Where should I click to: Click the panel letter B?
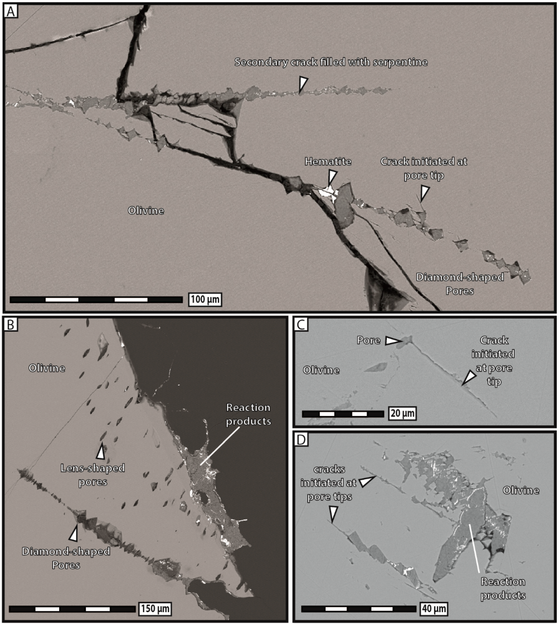point(11,324)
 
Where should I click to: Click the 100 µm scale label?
point(205,299)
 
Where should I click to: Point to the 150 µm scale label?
point(155,608)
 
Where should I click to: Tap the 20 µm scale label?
point(402,413)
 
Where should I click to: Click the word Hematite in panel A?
point(328,162)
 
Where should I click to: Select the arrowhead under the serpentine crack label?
point(303,84)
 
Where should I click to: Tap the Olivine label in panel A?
point(146,211)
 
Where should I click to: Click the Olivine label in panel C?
point(321,370)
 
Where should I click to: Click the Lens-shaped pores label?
point(93,475)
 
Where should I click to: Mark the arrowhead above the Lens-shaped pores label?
point(101,451)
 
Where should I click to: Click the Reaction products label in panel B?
point(248,414)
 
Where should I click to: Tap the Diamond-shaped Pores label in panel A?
point(460,284)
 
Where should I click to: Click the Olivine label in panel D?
point(521,490)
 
